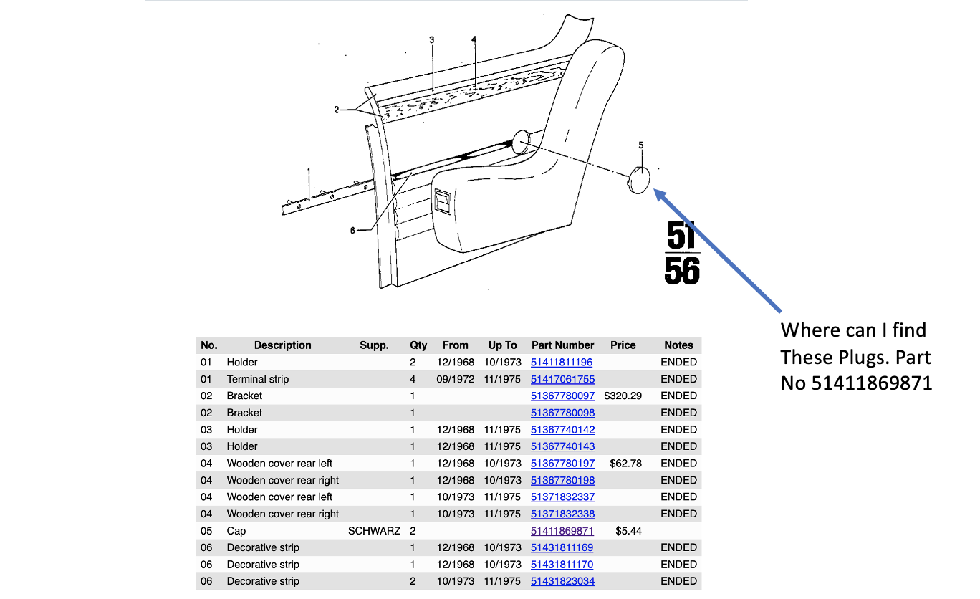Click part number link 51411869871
(x=562, y=531)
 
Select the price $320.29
(x=623, y=396)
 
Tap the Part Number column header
(x=562, y=345)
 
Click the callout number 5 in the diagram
(x=641, y=145)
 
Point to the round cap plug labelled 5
(x=638, y=181)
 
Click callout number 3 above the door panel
(x=432, y=40)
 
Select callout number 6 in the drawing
(x=352, y=230)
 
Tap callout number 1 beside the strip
(x=309, y=171)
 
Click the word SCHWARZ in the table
(x=374, y=531)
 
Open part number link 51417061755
(x=562, y=379)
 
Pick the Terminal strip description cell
(x=258, y=379)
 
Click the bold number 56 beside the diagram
(x=682, y=272)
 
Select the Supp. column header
(x=374, y=345)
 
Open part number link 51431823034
(x=562, y=581)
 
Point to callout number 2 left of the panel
(x=336, y=110)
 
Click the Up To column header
(x=502, y=345)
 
